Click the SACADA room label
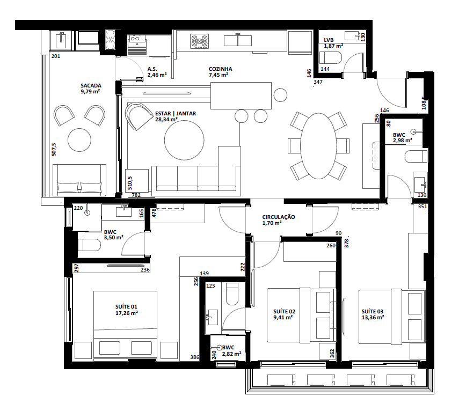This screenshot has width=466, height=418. tap(90, 85)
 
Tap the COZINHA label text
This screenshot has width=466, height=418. tap(220, 69)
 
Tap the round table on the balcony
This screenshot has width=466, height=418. tap(79, 140)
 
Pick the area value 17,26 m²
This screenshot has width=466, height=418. tap(127, 313)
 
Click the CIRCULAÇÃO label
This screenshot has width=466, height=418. tap(279, 217)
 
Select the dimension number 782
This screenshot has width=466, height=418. tap(136, 195)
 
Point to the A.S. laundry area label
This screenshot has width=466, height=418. tap(152, 69)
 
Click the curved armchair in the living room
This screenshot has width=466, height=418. tap(139, 115)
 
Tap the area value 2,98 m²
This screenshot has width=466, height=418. tap(402, 140)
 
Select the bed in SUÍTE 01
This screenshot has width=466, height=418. tap(126, 325)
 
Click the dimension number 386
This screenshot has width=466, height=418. tap(194, 357)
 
